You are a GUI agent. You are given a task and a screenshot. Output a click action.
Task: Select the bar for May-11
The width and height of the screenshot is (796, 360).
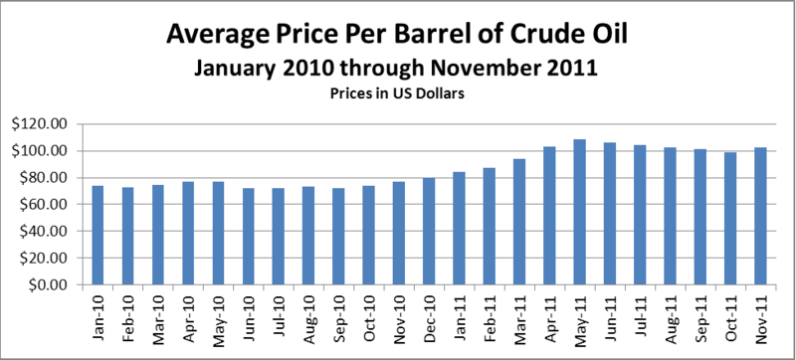click(579, 212)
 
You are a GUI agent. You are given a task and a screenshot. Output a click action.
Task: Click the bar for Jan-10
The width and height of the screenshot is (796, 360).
click(98, 236)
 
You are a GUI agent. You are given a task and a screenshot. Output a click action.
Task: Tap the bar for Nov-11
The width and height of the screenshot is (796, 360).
click(760, 216)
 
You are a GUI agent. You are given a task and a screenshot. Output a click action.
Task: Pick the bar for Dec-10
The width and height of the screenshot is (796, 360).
click(429, 231)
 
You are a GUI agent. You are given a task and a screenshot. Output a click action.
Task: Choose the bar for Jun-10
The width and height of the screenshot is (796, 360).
click(248, 237)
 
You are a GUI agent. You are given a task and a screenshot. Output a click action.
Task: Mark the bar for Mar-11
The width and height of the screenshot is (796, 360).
click(519, 222)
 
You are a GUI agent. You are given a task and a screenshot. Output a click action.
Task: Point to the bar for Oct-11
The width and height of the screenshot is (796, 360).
click(730, 219)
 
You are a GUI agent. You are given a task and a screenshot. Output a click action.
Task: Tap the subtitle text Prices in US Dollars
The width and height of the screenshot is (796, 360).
click(397, 93)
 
